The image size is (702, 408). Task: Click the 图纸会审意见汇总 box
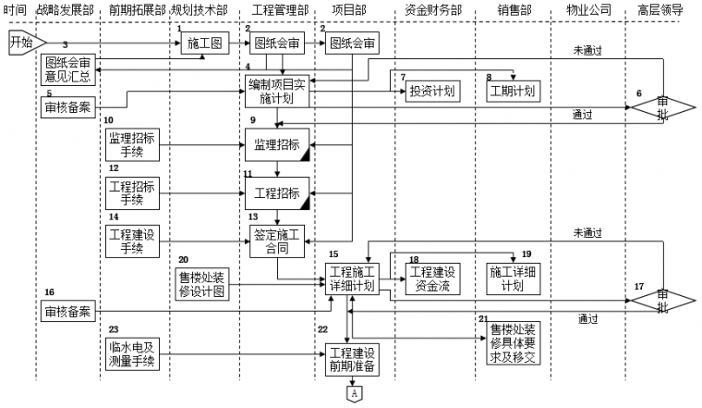tap(69, 69)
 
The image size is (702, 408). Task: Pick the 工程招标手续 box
tap(130, 192)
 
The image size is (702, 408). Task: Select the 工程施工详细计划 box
tap(350, 278)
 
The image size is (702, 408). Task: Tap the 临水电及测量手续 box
tap(130, 355)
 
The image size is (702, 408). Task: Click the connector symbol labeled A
tap(351, 394)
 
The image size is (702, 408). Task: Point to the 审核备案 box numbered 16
tap(69, 313)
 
